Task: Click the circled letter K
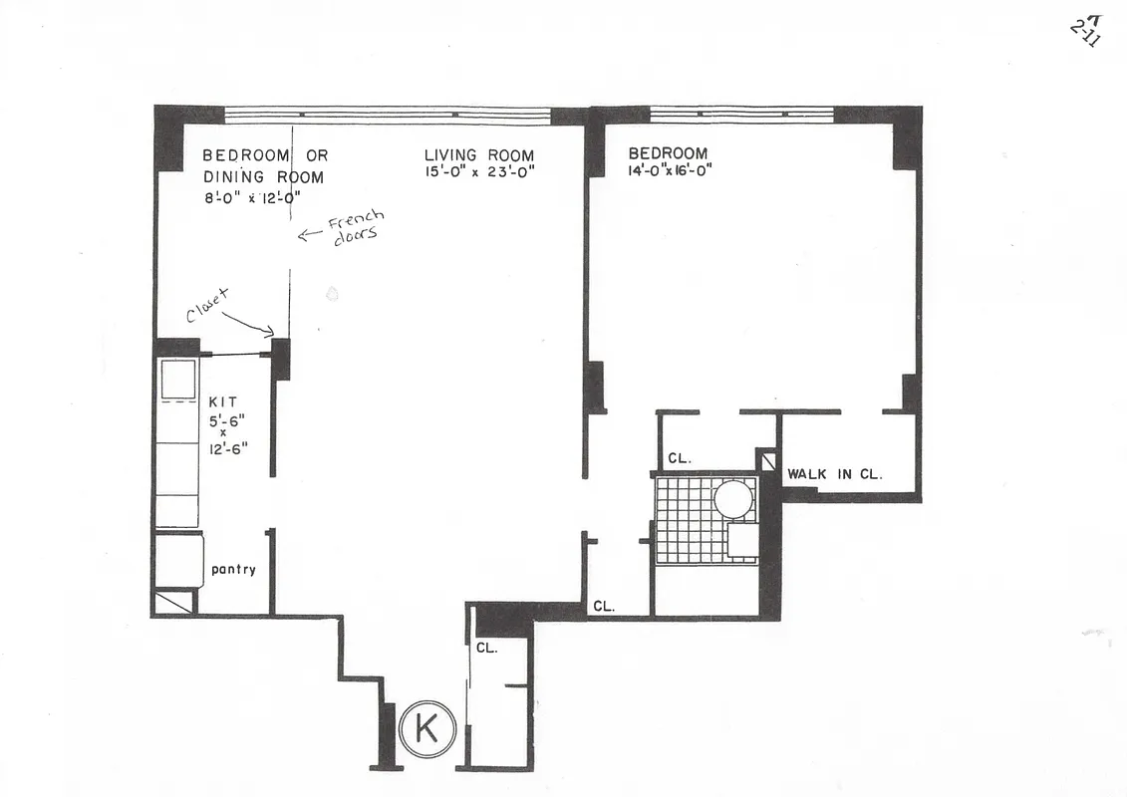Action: [x=426, y=730]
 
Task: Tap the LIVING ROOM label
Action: [x=478, y=155]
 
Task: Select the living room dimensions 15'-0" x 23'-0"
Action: [x=480, y=172]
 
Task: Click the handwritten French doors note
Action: [x=349, y=229]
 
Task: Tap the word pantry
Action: [x=233, y=570]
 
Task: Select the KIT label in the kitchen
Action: [x=221, y=401]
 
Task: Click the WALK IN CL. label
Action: [x=834, y=474]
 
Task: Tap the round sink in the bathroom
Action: [x=735, y=497]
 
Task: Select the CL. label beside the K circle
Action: [x=486, y=648]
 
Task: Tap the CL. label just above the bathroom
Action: [x=680, y=459]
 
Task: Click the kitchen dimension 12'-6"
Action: [x=228, y=448]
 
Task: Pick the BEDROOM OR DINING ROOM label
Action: [x=264, y=165]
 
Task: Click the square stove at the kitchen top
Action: [x=178, y=379]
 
